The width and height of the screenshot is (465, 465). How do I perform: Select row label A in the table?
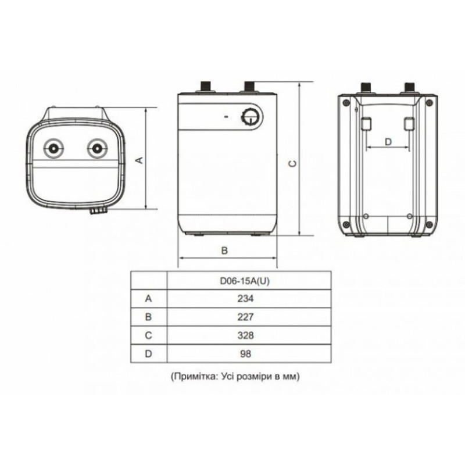tap(148, 298)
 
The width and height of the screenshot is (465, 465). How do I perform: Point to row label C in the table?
tap(148, 335)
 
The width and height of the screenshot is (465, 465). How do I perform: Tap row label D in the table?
tap(148, 353)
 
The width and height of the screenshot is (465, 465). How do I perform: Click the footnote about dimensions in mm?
tap(235, 376)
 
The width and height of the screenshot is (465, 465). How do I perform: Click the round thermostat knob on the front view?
tap(252, 117)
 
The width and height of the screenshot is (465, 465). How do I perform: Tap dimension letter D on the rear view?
tap(389, 141)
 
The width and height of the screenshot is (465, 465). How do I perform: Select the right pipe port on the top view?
tap(96, 147)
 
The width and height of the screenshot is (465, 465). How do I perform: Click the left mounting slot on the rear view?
tap(366, 124)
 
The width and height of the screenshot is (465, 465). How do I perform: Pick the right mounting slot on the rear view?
tap(409, 124)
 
